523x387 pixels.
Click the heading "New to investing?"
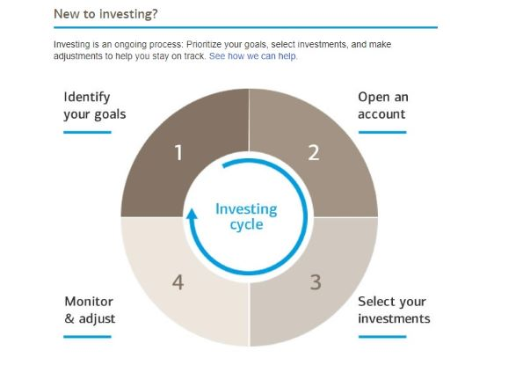[105, 14]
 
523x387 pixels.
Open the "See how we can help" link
[252, 56]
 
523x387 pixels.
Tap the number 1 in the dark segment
[178, 153]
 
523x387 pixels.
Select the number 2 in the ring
[314, 153]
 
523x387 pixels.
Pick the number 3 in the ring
[316, 282]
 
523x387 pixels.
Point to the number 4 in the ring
[178, 282]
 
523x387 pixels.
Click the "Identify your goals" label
[95, 106]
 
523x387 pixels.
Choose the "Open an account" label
[383, 106]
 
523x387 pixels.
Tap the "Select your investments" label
[394, 310]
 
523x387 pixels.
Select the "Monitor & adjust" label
[90, 310]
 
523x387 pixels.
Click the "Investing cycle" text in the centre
[246, 216]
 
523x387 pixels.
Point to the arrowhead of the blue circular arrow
[192, 214]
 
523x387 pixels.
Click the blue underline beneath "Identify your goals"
[87, 133]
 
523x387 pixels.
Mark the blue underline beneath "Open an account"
[382, 133]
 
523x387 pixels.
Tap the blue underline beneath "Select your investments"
[382, 337]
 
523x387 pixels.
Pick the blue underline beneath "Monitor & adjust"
[87, 337]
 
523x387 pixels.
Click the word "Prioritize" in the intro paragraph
[204, 44]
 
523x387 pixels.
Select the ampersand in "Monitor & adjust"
[69, 318]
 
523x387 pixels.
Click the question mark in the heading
[154, 14]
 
